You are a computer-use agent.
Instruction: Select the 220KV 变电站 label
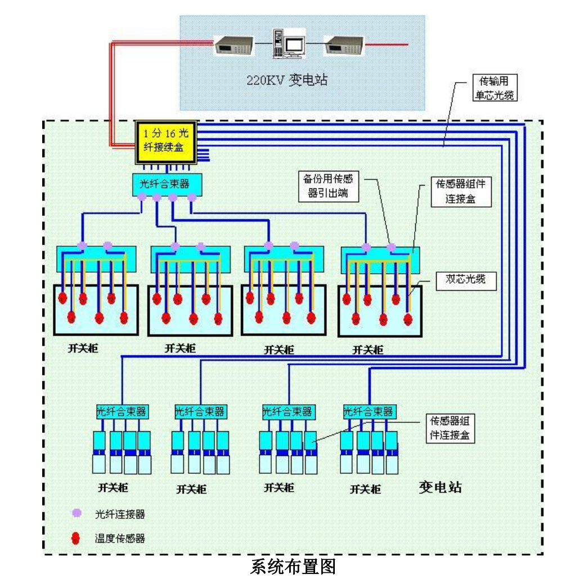287,80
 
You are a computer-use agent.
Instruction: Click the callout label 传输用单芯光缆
492,89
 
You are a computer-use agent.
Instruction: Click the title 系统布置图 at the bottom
293,567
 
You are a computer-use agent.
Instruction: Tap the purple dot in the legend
77,513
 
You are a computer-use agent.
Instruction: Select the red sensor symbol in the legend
77,539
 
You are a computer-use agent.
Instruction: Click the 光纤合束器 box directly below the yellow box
166,183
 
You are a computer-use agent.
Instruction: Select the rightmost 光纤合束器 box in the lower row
368,412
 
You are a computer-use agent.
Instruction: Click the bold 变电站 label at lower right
440,487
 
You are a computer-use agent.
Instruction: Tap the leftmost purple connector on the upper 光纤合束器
142,197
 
